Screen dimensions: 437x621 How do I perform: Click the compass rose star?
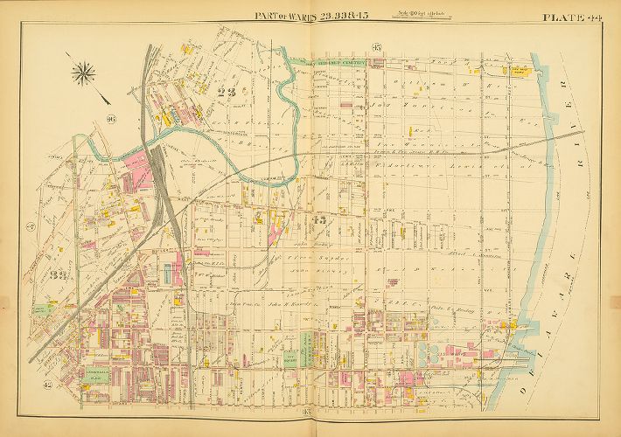(85, 73)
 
